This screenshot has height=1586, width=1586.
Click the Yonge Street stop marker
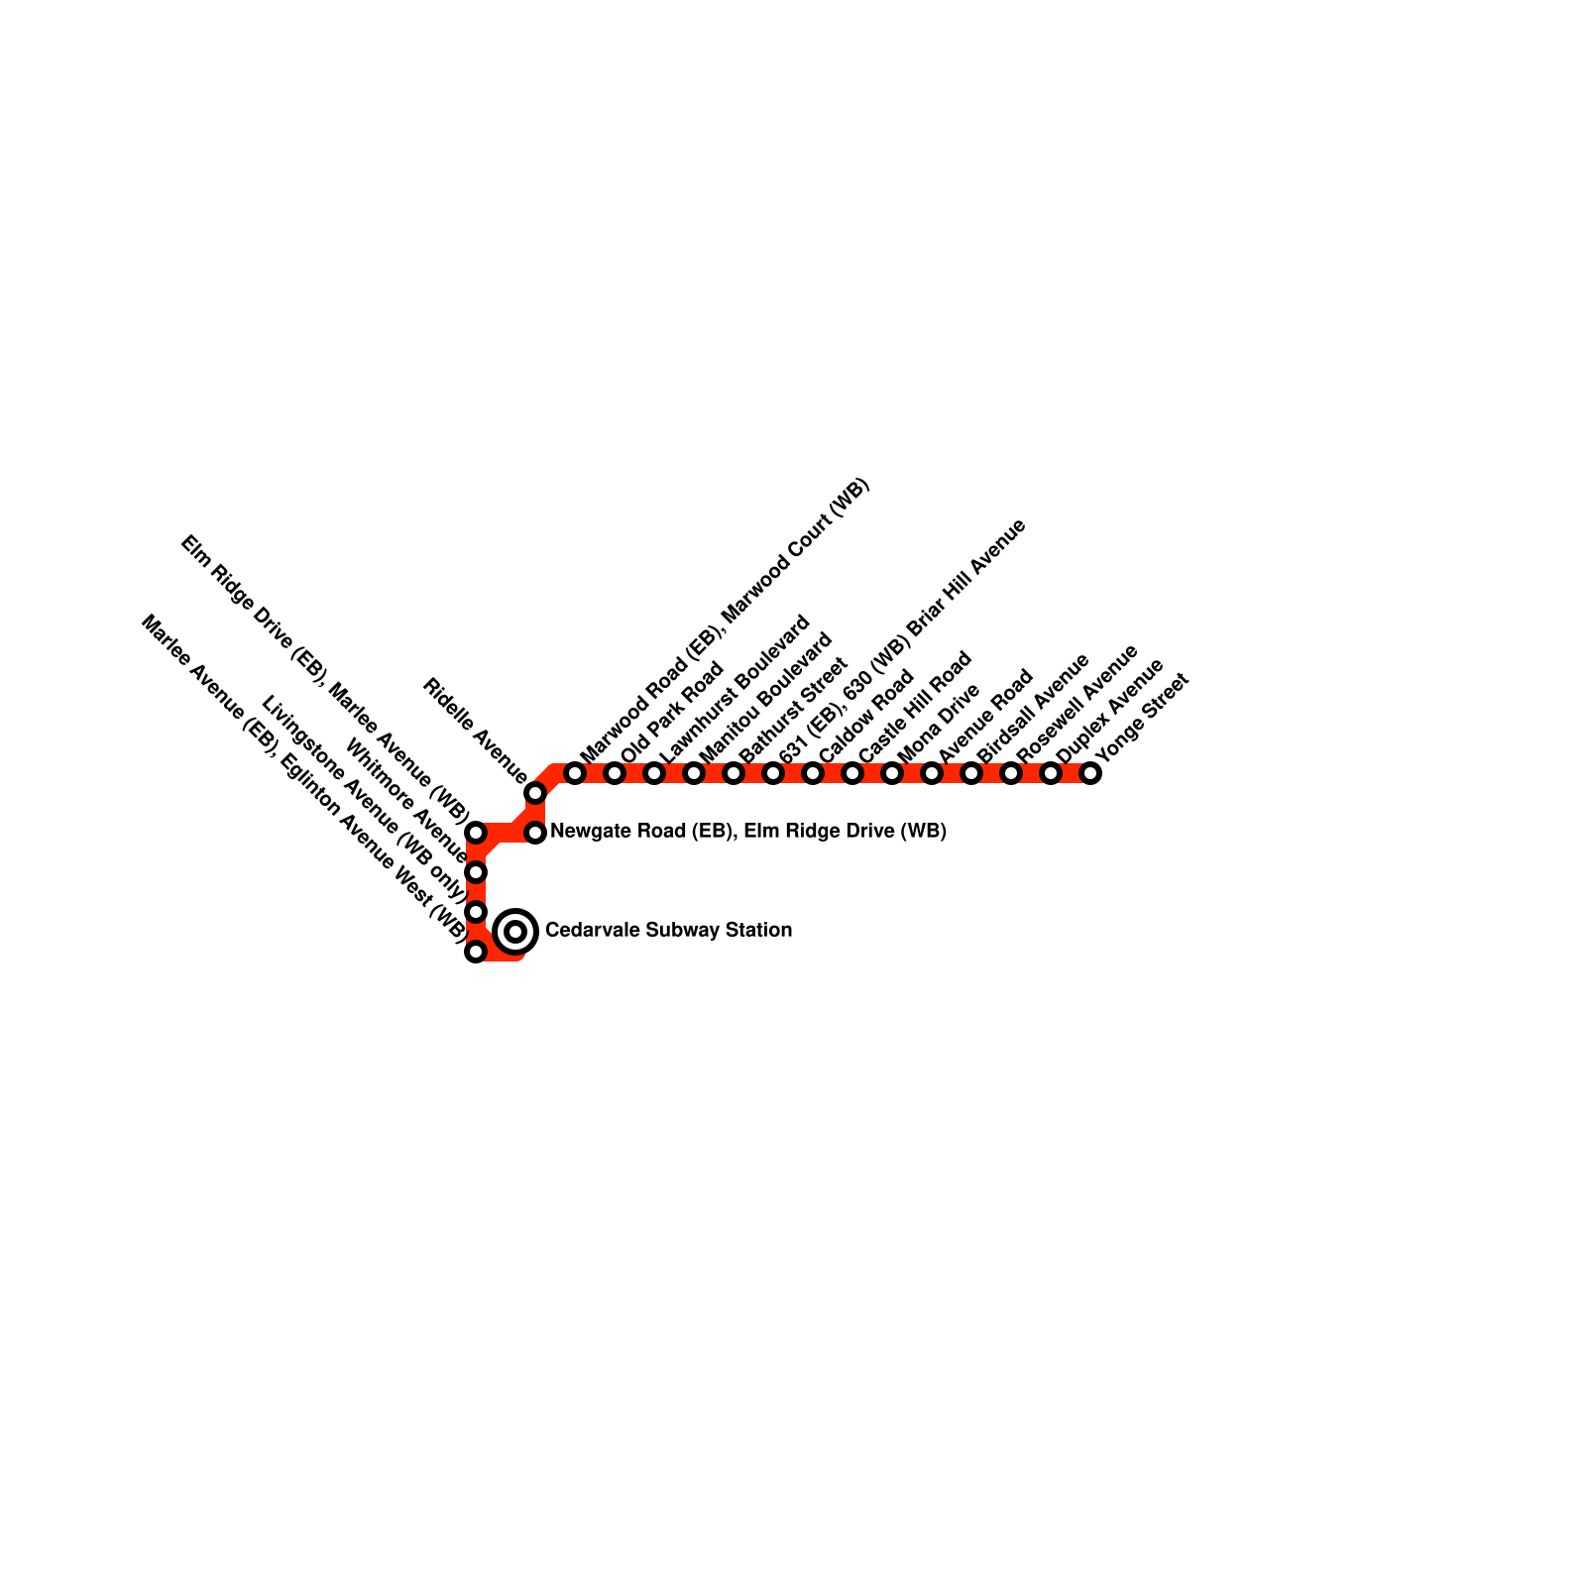click(1090, 773)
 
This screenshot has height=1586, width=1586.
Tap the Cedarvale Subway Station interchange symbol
click(515, 931)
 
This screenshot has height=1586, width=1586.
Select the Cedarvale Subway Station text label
click(668, 931)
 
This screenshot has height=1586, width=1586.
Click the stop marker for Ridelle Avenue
click(535, 793)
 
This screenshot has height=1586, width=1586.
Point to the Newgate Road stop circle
click(535, 833)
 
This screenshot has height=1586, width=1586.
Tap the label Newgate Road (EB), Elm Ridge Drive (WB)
click(748, 832)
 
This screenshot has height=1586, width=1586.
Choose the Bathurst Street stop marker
click(734, 773)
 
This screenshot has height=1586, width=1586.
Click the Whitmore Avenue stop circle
click(476, 872)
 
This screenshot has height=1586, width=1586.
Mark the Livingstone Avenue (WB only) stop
click(476, 912)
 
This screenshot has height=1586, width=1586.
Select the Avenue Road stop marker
click(932, 773)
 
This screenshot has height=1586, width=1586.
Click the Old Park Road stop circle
click(615, 773)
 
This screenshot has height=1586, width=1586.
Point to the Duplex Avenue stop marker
click(1051, 773)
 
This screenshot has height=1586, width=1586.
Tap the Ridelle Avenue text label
click(474, 729)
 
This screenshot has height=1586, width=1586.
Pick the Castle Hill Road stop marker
click(852, 773)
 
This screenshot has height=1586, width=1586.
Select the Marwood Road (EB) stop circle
click(575, 773)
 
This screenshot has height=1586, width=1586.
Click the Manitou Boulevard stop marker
click(694, 773)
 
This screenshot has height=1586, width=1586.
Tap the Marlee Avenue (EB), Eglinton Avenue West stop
click(476, 952)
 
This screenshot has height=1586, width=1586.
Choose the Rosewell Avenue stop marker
click(1011, 773)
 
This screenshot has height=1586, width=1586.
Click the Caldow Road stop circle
click(813, 773)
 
